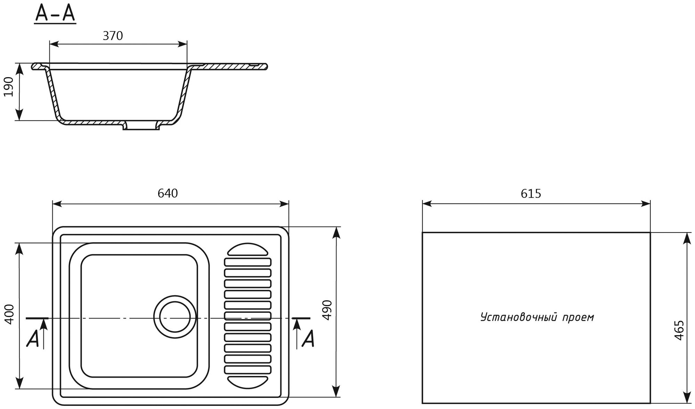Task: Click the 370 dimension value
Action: pyautogui.click(x=113, y=36)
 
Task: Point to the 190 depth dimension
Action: pyautogui.click(x=9, y=87)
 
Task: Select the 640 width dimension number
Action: pyautogui.click(x=167, y=194)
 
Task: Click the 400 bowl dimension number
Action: pyautogui.click(x=9, y=314)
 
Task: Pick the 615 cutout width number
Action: pyautogui.click(x=531, y=194)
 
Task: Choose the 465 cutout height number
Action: pyautogui.click(x=679, y=330)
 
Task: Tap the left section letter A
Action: pyautogui.click(x=33, y=338)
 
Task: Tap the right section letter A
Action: pyautogui.click(x=308, y=338)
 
